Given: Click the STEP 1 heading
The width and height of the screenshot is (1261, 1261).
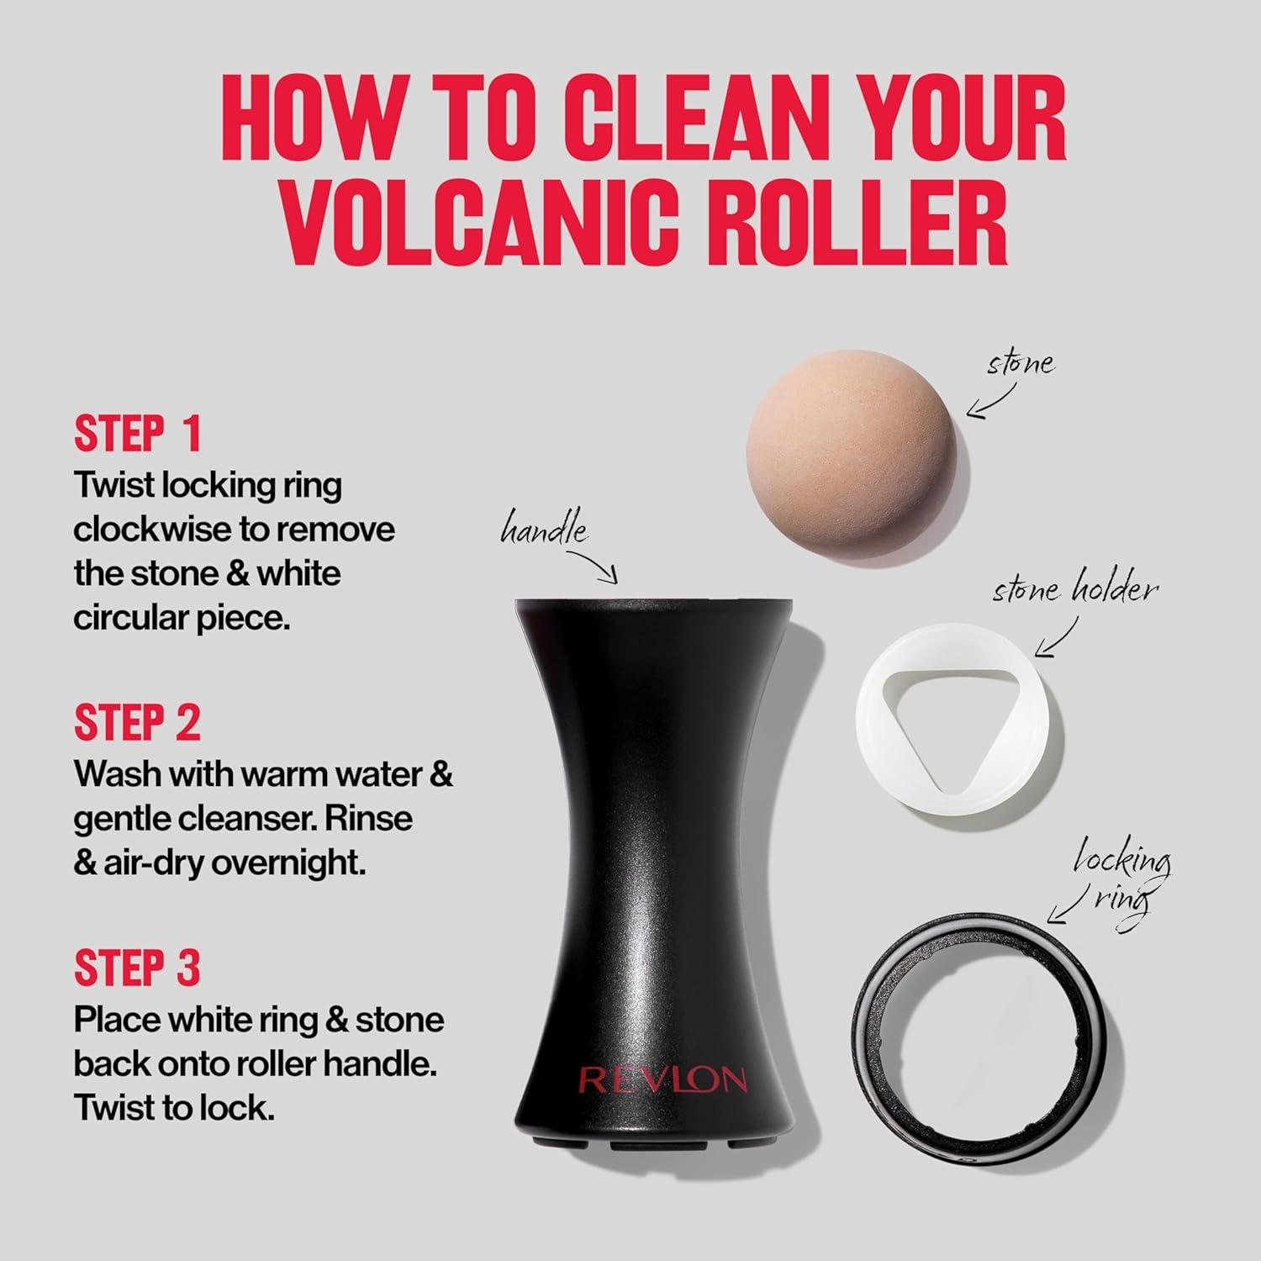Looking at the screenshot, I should (x=138, y=434).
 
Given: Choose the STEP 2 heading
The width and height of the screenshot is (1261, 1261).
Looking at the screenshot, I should (x=138, y=723).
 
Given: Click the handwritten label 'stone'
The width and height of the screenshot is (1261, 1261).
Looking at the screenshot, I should (x=1021, y=364).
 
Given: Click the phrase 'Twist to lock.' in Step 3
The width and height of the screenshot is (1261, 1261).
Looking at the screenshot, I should (x=174, y=1108).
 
